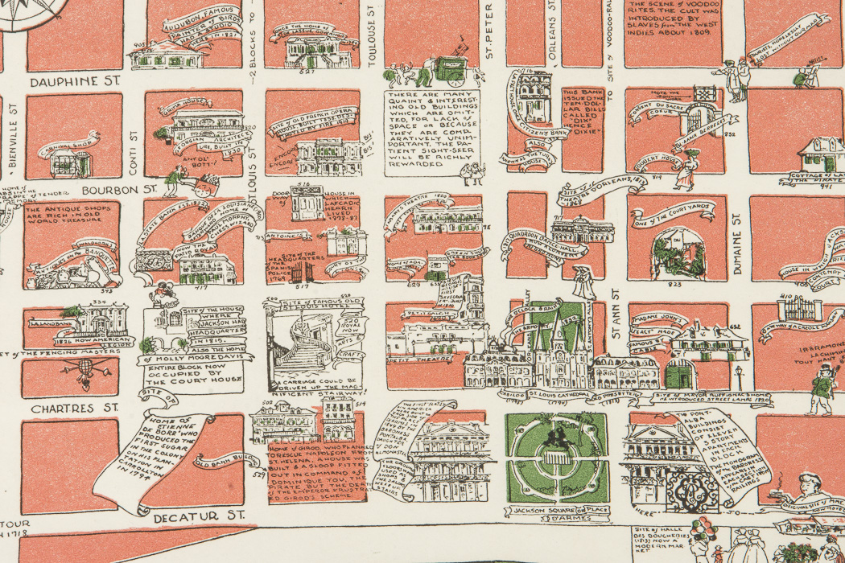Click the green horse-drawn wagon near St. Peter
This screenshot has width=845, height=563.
(451, 68)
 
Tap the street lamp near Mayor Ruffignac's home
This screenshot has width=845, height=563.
(738, 375)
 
